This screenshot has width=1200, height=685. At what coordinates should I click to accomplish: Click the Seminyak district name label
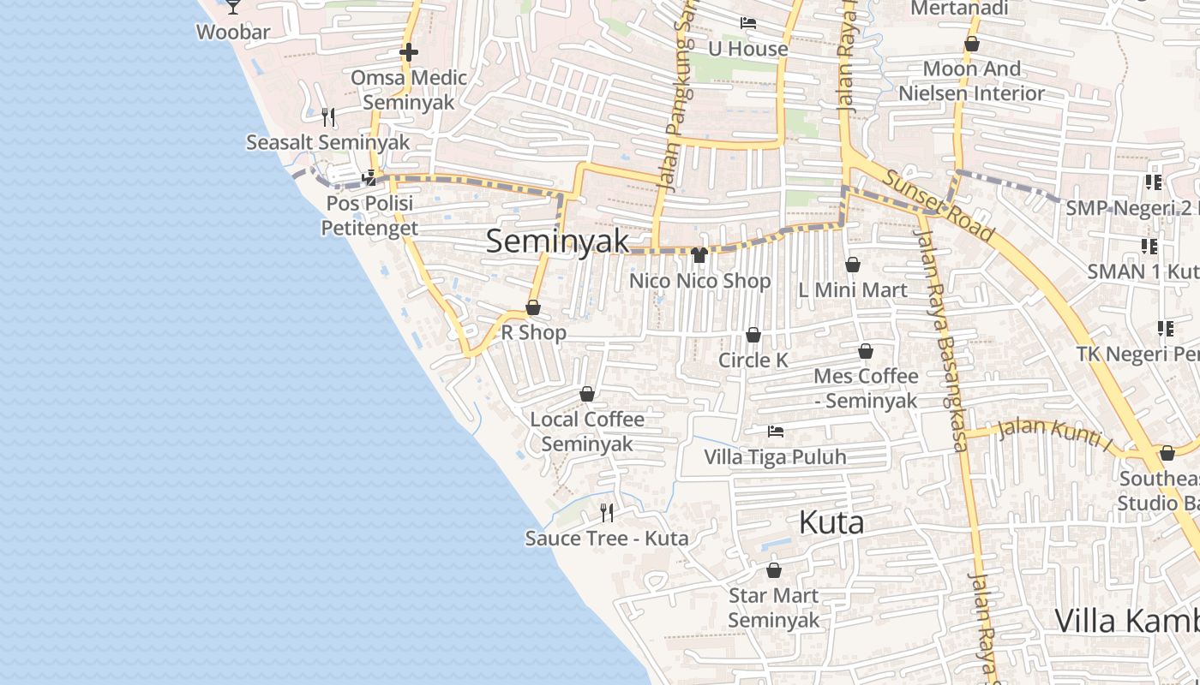558,241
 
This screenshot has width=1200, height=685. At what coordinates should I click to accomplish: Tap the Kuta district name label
831,522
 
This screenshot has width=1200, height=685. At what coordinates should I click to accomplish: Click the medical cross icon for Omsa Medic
409,52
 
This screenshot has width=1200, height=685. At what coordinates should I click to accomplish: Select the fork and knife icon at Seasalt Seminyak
327,116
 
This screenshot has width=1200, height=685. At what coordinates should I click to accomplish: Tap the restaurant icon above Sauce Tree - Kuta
607,513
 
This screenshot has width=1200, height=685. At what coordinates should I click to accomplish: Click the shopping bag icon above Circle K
753,335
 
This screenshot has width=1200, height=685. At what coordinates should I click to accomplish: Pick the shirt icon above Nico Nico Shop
699,255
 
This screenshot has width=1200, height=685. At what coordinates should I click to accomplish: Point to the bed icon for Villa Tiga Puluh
775,432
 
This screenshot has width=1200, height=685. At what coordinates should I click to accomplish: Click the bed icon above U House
748,23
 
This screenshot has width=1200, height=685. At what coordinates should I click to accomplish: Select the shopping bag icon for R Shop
533,307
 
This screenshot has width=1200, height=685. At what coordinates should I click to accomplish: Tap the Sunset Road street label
939,206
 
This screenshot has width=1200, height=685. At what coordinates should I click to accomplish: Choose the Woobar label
233,33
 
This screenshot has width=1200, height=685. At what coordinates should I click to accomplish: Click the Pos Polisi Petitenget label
369,216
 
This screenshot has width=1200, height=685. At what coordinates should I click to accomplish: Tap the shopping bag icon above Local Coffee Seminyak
587,394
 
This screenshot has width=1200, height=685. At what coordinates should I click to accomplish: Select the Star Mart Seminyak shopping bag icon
774,570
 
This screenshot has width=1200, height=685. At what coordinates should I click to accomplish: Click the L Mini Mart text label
852,290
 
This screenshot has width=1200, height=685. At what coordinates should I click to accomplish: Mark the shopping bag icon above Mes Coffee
866,351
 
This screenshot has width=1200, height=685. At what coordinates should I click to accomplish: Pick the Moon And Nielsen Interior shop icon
972,44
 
